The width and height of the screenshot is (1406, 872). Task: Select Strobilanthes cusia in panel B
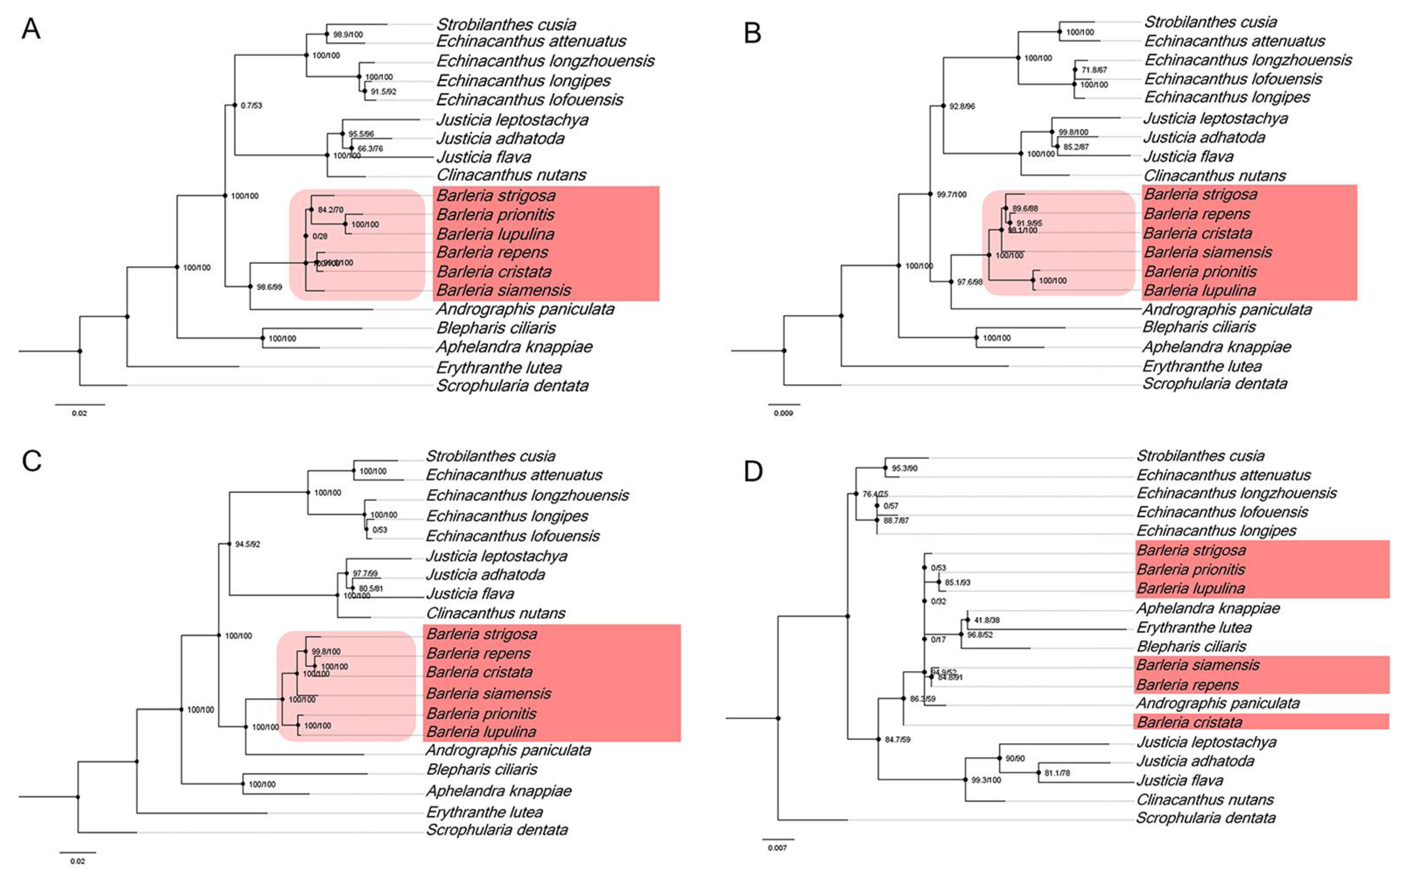tap(1210, 22)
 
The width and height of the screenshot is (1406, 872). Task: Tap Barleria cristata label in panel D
tap(1189, 722)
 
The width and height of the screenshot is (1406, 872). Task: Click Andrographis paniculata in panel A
tap(525, 309)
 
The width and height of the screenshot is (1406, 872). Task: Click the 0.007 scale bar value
tap(777, 848)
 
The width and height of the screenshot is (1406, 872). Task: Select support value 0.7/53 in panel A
tap(251, 105)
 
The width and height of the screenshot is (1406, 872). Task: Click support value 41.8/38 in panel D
tap(987, 620)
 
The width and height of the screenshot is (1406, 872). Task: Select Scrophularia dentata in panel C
tap(497, 830)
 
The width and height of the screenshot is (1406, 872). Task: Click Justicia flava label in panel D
tap(1179, 780)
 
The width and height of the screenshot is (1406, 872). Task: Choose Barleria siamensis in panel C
tap(488, 693)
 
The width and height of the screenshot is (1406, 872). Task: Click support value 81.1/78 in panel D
tap(1057, 773)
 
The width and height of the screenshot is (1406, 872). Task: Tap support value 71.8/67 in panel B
tap(1094, 70)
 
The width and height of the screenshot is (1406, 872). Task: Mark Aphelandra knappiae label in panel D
tap(1207, 608)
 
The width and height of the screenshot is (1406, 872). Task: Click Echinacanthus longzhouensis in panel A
tap(545, 61)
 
